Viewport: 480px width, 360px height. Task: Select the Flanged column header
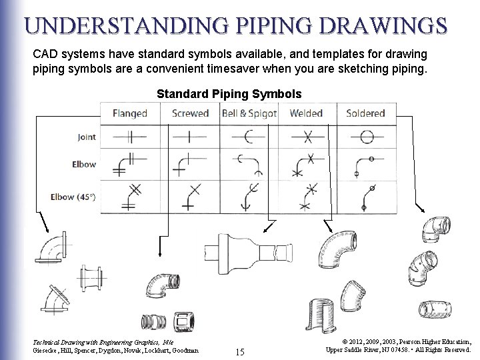pyautogui.click(x=129, y=113)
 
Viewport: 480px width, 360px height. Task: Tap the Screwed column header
pyautogui.click(x=190, y=113)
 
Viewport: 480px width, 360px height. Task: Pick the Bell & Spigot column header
pyautogui.click(x=249, y=113)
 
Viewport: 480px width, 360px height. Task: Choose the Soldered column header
pyautogui.click(x=365, y=113)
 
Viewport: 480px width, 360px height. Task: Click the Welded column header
pyautogui.click(x=306, y=113)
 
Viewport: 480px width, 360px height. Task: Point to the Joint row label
pyautogui.click(x=86, y=137)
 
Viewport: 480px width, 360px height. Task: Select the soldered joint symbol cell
pyautogui.click(x=366, y=137)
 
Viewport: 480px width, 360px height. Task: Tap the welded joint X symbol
pyautogui.click(x=307, y=137)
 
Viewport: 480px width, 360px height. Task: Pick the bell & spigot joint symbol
pyautogui.click(x=249, y=137)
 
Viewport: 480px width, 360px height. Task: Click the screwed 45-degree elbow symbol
pyautogui.click(x=190, y=197)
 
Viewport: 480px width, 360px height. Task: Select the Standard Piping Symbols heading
pyautogui.click(x=229, y=94)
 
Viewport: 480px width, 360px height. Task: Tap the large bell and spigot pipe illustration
pyautogui.click(x=247, y=255)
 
